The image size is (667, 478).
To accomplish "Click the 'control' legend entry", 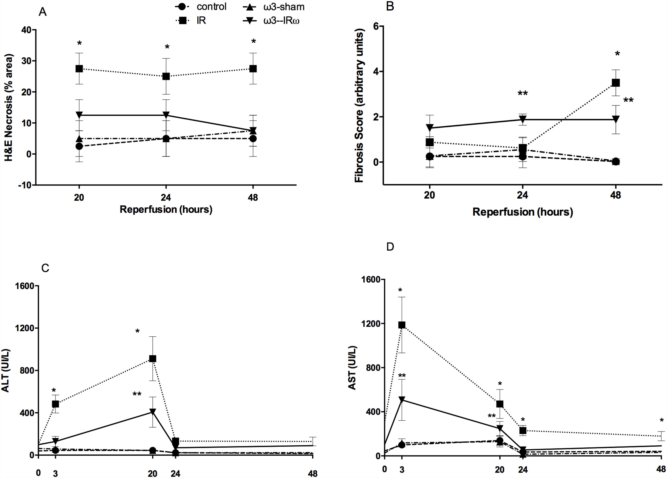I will [211, 6].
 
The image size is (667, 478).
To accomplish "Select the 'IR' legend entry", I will [201, 21].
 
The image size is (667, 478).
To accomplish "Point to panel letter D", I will [390, 247].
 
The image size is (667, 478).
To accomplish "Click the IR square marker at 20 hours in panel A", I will [79, 68].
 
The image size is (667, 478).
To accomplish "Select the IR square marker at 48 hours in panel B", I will [615, 83].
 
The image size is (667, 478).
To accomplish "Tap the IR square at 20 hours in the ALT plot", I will [152, 359].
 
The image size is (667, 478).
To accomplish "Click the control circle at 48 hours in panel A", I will [253, 138].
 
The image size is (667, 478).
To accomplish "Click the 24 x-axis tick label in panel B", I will [522, 195].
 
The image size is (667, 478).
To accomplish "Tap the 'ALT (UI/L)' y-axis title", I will [6, 371].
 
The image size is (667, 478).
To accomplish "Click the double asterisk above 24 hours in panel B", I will [523, 93].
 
